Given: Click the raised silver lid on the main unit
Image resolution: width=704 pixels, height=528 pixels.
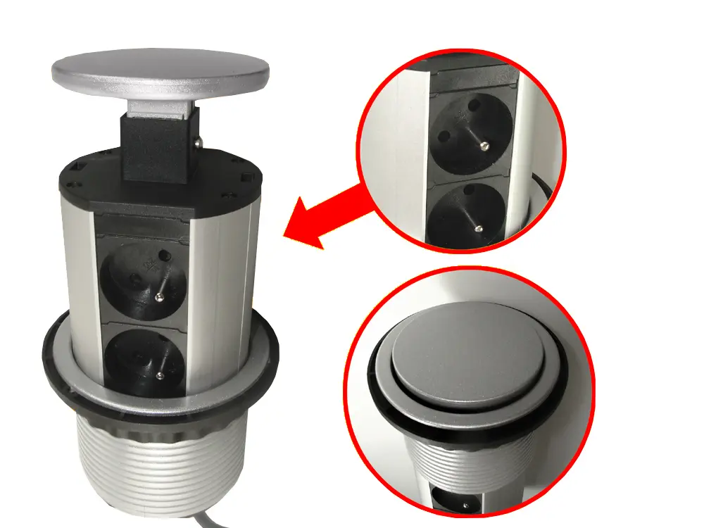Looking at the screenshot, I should tap(161, 73).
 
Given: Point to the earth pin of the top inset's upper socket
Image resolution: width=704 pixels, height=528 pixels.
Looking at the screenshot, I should tap(486, 146).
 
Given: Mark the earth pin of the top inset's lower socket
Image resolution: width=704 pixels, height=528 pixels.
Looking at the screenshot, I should tap(479, 227).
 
